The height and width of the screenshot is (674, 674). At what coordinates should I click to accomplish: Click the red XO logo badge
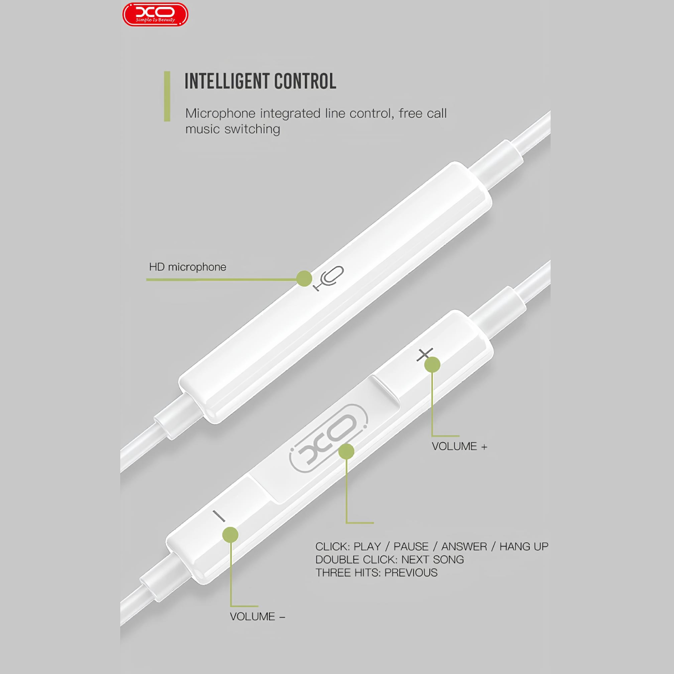pyautogui.click(x=155, y=15)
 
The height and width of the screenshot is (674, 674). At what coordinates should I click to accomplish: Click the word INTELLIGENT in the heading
pyautogui.click(x=228, y=81)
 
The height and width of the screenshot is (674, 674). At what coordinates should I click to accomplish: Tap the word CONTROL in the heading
pyautogui.click(x=305, y=81)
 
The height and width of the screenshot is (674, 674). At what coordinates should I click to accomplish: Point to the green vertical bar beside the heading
pyautogui.click(x=167, y=96)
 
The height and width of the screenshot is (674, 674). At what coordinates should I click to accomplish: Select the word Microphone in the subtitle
pyautogui.click(x=220, y=114)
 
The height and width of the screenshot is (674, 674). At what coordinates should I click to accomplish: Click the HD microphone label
pyautogui.click(x=188, y=267)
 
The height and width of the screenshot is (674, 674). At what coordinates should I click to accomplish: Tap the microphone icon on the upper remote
pyautogui.click(x=329, y=278)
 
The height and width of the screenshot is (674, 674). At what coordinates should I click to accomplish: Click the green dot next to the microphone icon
pyautogui.click(x=304, y=278)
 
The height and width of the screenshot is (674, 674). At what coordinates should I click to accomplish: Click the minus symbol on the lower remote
pyautogui.click(x=219, y=516)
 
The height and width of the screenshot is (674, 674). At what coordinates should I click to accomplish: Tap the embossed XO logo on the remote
pyautogui.click(x=328, y=438)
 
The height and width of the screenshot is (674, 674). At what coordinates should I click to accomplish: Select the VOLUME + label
pyautogui.click(x=459, y=446)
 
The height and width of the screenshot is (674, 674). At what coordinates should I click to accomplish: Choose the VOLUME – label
pyautogui.click(x=258, y=616)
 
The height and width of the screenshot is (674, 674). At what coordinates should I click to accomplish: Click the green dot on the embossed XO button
pyautogui.click(x=346, y=452)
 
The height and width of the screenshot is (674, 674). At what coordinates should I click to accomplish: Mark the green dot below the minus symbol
pyautogui.click(x=230, y=535)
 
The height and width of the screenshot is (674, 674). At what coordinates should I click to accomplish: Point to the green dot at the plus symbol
pyautogui.click(x=432, y=365)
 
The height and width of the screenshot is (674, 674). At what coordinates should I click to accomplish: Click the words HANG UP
pyautogui.click(x=524, y=546)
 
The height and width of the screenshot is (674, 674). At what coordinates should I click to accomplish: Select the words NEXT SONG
pyautogui.click(x=432, y=559)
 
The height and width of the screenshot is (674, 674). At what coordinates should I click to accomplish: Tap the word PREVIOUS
pyautogui.click(x=411, y=572)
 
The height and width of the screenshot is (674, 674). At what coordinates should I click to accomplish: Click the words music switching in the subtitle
pyautogui.click(x=233, y=130)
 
